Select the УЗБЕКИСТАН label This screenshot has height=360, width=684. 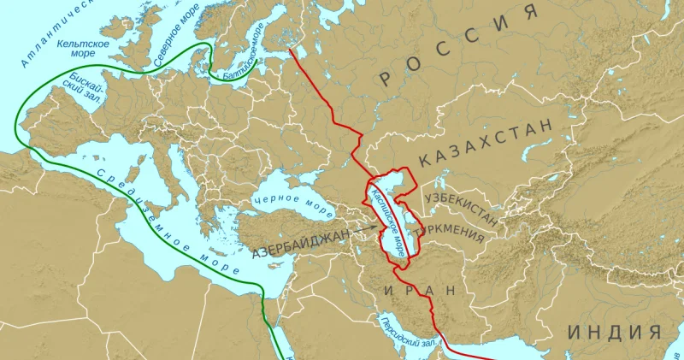coord(462,207)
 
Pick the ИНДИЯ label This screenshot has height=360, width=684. coord(615,332)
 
